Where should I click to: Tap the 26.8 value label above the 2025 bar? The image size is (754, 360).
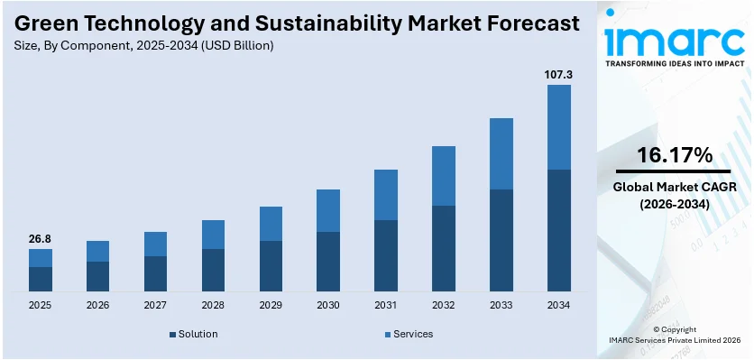click(40, 239)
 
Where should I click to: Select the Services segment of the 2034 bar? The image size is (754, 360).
click(559, 127)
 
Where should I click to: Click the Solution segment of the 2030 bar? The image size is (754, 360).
click(328, 262)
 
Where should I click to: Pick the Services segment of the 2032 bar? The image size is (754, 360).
click(444, 176)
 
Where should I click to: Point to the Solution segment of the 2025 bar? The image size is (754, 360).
click(40, 279)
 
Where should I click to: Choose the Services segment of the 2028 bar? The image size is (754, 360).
click(213, 235)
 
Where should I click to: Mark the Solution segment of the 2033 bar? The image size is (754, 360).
click(501, 240)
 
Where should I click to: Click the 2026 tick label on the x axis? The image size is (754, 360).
click(97, 306)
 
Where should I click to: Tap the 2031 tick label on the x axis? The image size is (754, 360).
click(386, 306)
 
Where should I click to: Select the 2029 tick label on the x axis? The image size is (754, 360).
click(271, 306)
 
